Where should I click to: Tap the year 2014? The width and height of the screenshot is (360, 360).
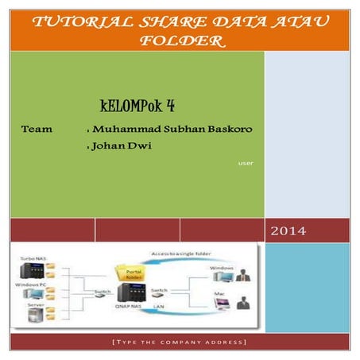point(289,231)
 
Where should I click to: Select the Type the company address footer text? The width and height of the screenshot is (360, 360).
point(180,343)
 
